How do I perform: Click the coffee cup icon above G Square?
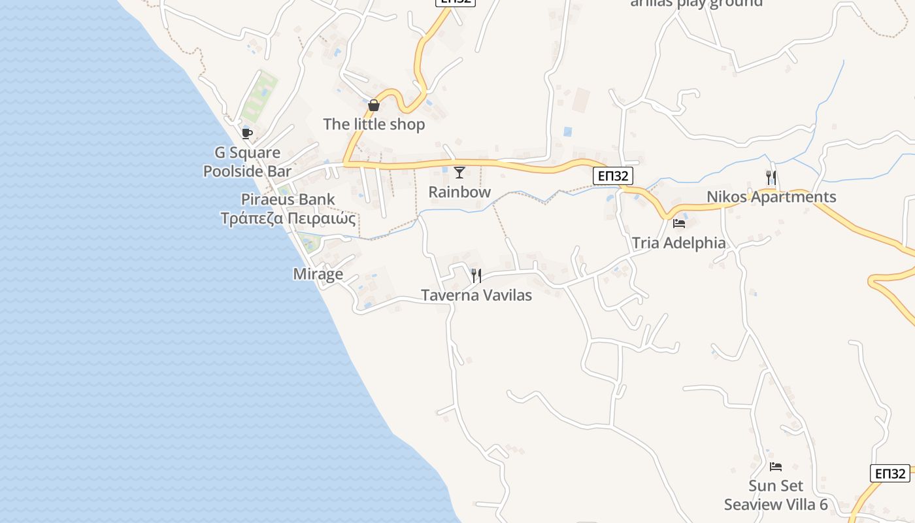point(246,133)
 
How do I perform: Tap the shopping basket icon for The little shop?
point(374,105)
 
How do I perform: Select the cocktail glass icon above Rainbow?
point(459,173)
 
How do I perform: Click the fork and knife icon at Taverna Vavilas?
point(476,275)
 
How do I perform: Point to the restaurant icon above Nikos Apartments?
point(771,177)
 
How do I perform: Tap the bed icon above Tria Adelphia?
point(679,223)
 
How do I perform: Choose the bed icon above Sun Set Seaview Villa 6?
point(776,466)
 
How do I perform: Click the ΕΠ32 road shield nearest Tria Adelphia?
point(613,176)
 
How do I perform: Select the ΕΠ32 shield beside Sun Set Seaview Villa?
point(890,473)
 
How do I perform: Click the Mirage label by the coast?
point(318,274)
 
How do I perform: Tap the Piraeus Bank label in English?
point(288,199)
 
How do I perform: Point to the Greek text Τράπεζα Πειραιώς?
point(288,218)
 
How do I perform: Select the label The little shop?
point(374,124)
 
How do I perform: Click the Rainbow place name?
point(459,192)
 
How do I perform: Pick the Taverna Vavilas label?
point(476,295)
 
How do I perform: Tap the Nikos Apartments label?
point(771,197)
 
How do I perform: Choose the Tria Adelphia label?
point(678,243)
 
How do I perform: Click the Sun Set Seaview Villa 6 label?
point(776,495)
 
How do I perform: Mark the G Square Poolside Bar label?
point(247,161)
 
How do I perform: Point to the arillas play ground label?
point(696,3)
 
